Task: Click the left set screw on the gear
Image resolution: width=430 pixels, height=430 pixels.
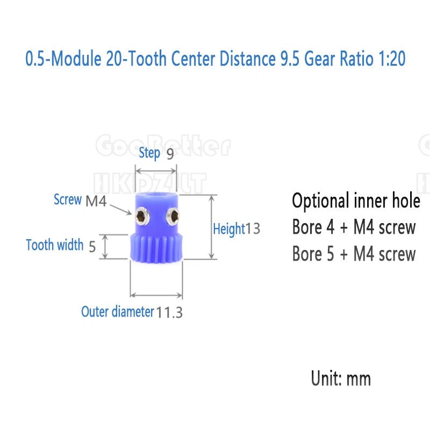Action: [x=142, y=216]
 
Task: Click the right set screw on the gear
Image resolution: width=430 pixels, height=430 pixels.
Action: [x=173, y=217]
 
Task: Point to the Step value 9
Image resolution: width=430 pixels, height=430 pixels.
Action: [x=170, y=154]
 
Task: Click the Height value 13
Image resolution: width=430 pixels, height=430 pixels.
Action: [x=253, y=228]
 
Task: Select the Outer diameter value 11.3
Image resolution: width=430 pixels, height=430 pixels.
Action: [x=169, y=312]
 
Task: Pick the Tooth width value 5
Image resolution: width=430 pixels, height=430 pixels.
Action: [x=92, y=246]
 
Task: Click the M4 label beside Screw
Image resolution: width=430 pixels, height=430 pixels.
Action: [x=96, y=200]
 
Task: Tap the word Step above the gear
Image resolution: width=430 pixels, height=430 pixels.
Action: [x=149, y=153]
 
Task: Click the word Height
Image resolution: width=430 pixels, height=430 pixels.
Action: [x=229, y=229]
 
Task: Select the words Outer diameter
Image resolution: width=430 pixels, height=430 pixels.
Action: [x=118, y=312]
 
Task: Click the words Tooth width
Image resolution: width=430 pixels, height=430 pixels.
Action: [x=55, y=245]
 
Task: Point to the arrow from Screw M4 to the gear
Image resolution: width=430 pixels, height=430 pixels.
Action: [x=120, y=209]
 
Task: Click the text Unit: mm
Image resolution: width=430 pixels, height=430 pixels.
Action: [x=341, y=378]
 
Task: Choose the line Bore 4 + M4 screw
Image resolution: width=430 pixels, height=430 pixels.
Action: [x=354, y=227]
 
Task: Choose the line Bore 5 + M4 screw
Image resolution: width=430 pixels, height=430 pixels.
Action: [x=354, y=253]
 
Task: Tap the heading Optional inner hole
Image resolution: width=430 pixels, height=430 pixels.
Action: [x=356, y=201]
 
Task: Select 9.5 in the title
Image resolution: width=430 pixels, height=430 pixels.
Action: [x=290, y=59]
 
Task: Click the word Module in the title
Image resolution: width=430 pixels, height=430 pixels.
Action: [x=76, y=59]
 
